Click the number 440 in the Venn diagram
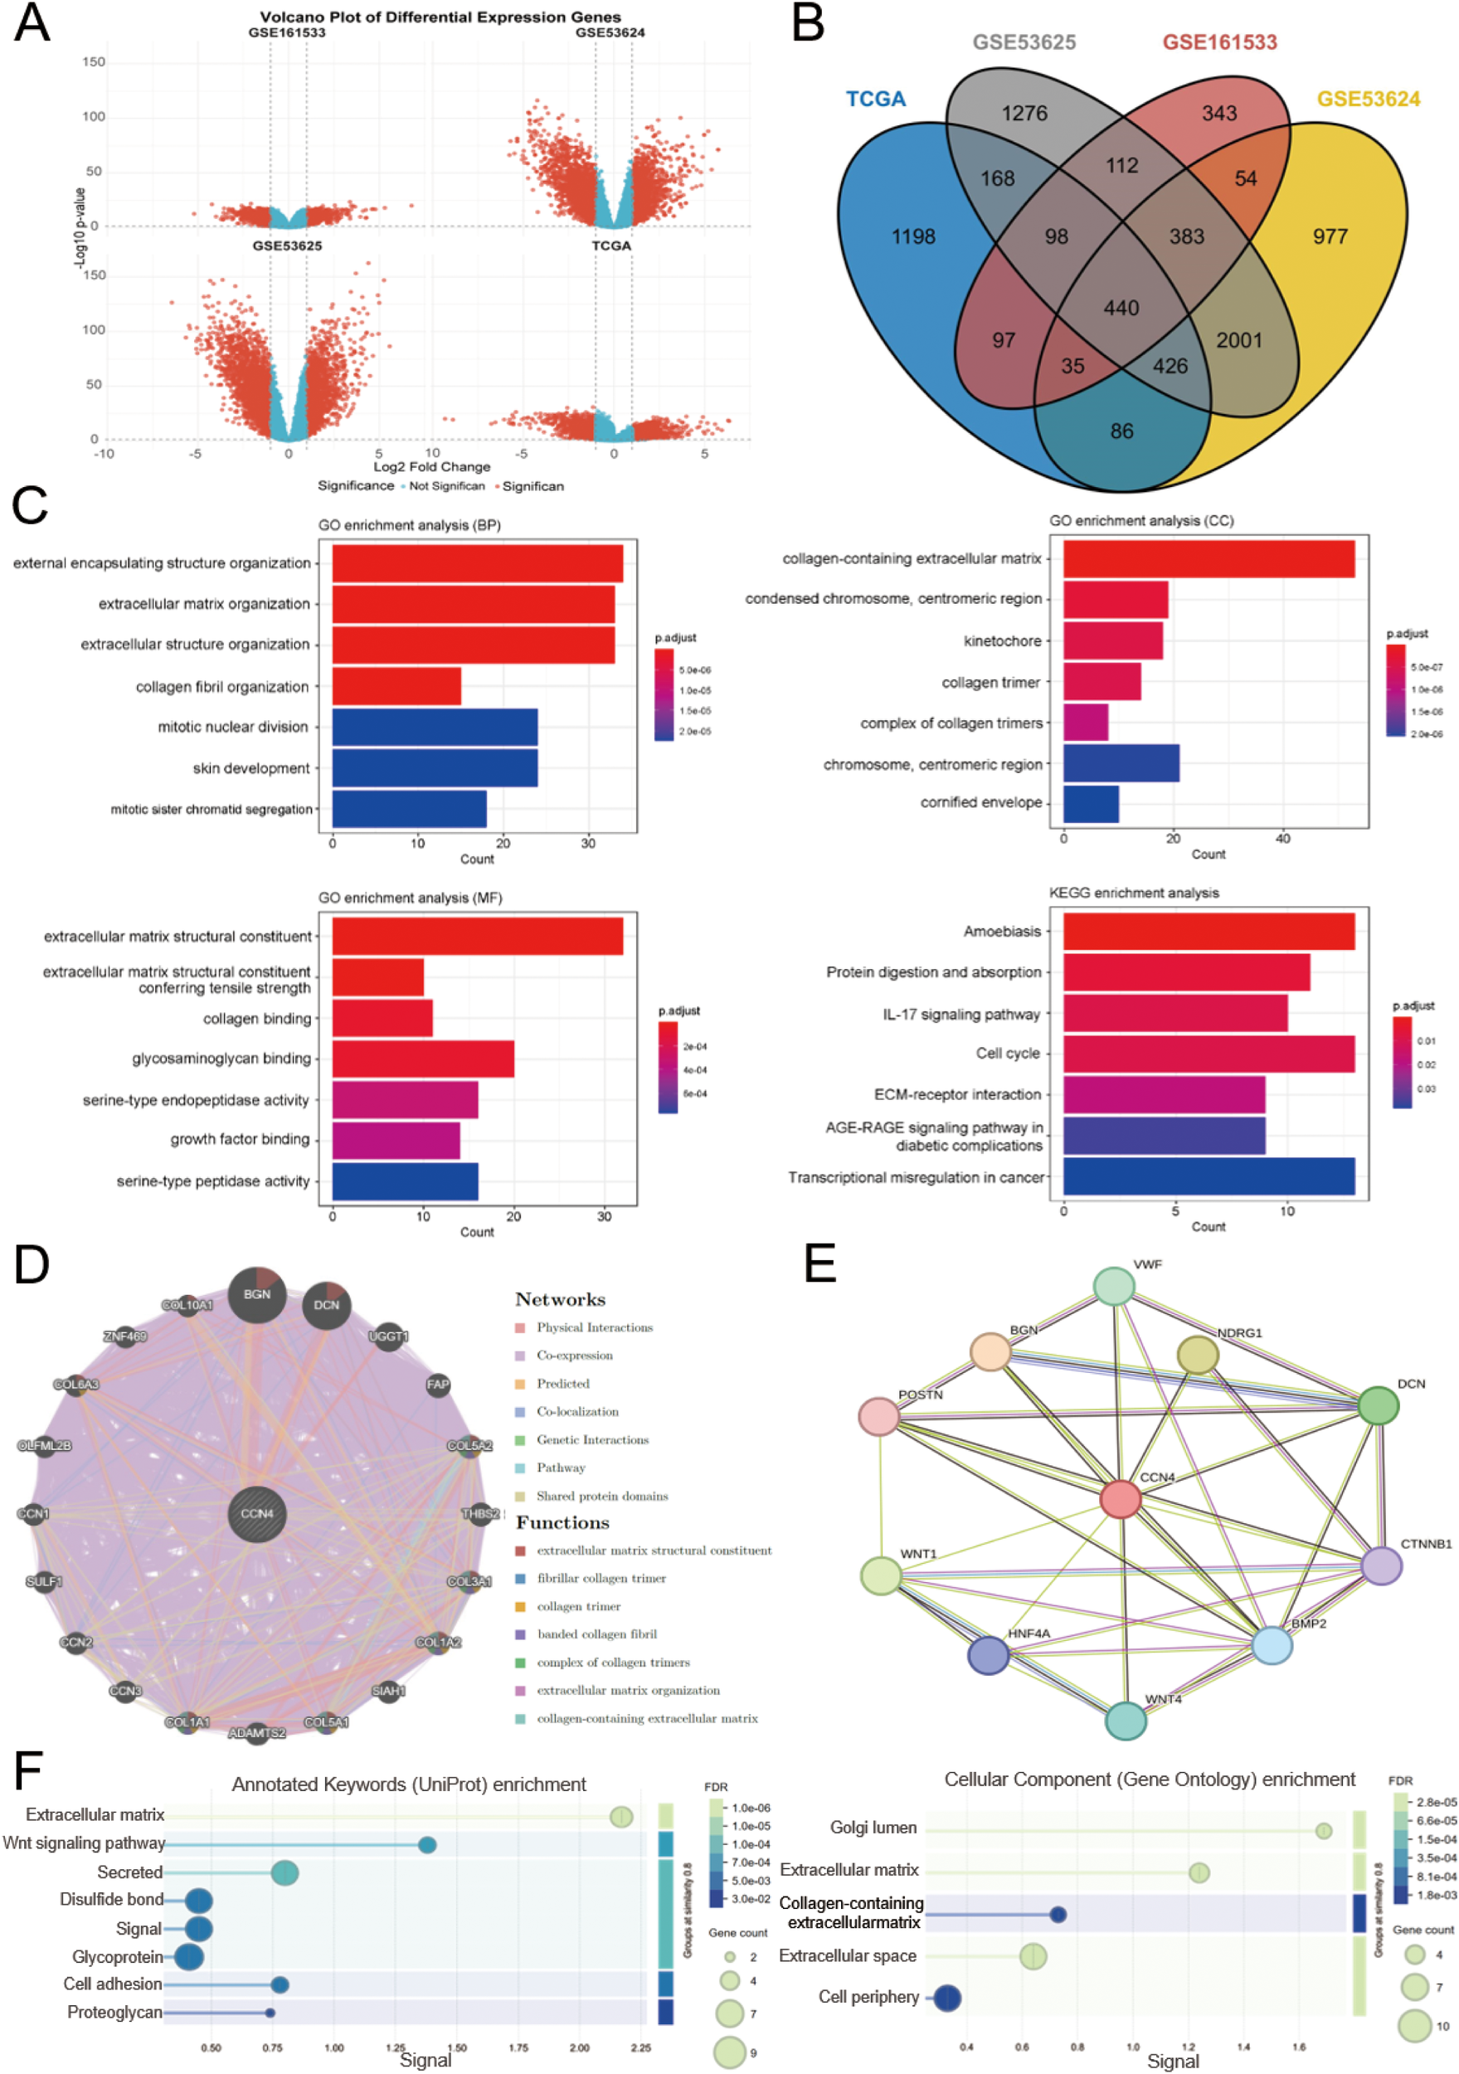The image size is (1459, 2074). [1121, 308]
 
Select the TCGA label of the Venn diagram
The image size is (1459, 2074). [875, 99]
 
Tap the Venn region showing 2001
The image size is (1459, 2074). [1238, 340]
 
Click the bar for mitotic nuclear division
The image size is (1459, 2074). [435, 728]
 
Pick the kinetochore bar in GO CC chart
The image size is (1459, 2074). [1112, 640]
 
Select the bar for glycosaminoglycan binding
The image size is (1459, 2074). [423, 1059]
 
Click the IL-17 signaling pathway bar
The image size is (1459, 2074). [1174, 1014]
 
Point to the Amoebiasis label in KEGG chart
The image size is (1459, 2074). [1002, 932]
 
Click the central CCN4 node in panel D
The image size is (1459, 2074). [257, 1514]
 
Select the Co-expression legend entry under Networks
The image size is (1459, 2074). [574, 1356]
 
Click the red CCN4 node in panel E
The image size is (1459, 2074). [1121, 1498]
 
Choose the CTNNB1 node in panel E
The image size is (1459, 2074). [1380, 1566]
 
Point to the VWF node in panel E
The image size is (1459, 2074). [1114, 1287]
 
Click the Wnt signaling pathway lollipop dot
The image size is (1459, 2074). [427, 1844]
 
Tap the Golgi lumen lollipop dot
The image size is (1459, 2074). [1324, 1831]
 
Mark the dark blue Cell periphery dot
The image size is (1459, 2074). [946, 1999]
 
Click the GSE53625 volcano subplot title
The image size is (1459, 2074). [286, 246]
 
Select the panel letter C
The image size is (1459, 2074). [30, 505]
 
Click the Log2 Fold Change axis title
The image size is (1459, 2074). [432, 467]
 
